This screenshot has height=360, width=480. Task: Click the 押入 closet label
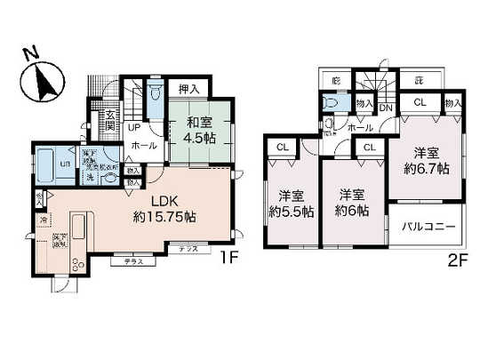(188, 89)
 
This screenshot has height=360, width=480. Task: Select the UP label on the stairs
(131, 127)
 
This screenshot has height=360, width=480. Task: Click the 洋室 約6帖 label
(352, 204)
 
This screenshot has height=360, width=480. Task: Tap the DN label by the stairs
(387, 108)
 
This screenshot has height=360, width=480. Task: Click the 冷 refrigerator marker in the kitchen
(43, 219)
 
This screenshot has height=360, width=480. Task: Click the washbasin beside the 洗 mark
(110, 177)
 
